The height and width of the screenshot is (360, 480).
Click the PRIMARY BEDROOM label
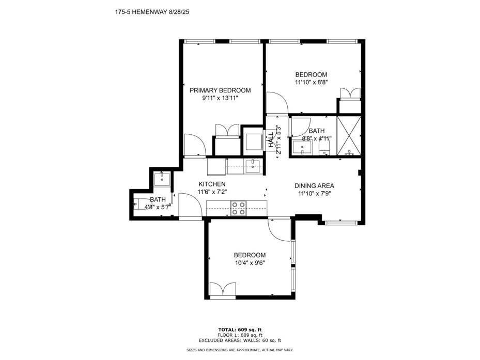click(x=220, y=90)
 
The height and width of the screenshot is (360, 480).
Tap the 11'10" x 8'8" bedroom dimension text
click(x=312, y=82)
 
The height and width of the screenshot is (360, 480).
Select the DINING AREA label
click(x=314, y=185)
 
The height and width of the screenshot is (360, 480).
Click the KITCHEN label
click(x=212, y=184)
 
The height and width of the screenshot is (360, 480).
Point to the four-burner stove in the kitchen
click(x=239, y=208)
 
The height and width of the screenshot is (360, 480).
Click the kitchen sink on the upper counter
click(x=253, y=166)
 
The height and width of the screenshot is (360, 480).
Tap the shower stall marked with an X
click(x=349, y=136)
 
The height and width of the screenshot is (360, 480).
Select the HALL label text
click(x=271, y=140)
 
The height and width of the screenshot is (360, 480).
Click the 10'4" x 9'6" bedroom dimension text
click(x=250, y=263)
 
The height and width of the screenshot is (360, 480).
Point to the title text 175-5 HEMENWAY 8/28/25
click(x=152, y=12)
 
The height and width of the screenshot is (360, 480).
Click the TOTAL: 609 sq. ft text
click(x=240, y=330)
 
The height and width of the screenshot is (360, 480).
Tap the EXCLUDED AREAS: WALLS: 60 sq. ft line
click(x=240, y=340)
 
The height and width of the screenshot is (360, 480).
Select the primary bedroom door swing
click(x=195, y=145)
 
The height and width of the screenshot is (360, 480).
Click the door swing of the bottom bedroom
click(x=278, y=230)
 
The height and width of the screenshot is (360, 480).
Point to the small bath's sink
click(x=162, y=179)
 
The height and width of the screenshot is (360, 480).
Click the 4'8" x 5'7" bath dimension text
click(x=158, y=207)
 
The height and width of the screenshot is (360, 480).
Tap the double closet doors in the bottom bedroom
click(x=223, y=289)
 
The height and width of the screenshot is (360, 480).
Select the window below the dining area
click(x=341, y=223)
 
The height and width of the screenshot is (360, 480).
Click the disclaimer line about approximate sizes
click(x=240, y=350)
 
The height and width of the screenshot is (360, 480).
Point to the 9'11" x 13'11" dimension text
click(x=220, y=98)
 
